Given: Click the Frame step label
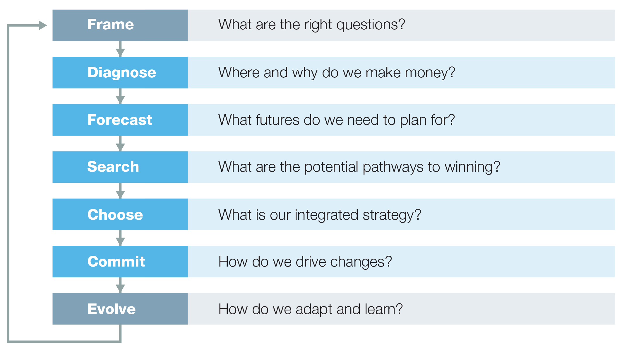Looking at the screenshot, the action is click(110, 24).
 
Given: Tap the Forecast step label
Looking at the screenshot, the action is click(119, 120).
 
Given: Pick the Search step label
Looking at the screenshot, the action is click(113, 167).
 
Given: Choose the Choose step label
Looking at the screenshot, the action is click(115, 214).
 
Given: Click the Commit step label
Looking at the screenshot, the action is click(116, 261).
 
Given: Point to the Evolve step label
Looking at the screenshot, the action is click(111, 309).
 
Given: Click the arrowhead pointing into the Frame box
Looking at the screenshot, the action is click(43, 25).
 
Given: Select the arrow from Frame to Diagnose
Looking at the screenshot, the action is click(120, 49).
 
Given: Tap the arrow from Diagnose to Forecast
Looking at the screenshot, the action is click(120, 96).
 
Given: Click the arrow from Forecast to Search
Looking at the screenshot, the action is click(120, 143).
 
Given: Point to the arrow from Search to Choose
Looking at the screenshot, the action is click(120, 191).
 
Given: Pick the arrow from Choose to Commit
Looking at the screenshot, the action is click(120, 238).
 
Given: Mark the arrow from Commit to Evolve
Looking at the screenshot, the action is click(120, 285).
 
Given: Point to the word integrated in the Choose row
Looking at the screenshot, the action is click(326, 215).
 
